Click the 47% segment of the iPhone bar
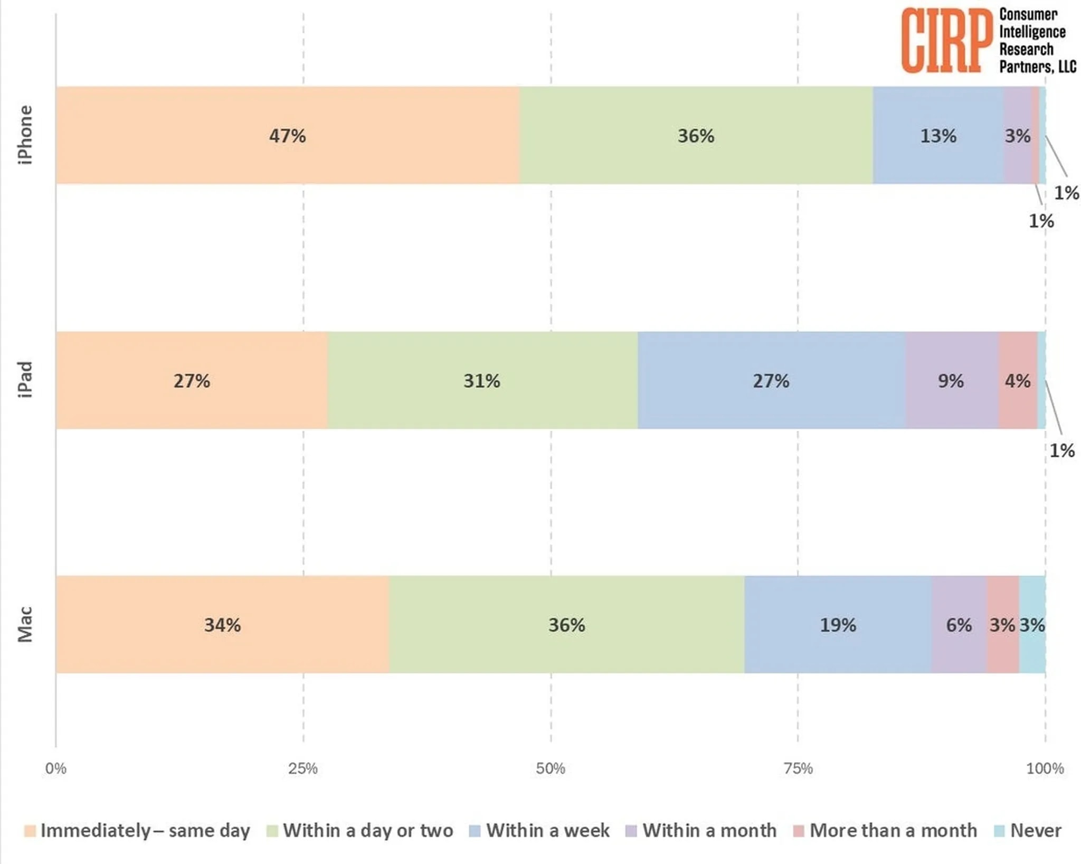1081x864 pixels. [x=287, y=135]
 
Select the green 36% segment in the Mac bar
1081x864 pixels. [x=566, y=624]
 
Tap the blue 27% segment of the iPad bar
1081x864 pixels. [x=771, y=380]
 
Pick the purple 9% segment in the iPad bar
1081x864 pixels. [x=951, y=380]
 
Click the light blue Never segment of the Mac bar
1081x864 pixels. [x=1032, y=624]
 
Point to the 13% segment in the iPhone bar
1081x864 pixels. [x=938, y=135]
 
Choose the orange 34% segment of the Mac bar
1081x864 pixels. [x=222, y=624]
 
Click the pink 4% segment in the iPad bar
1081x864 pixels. [x=1017, y=380]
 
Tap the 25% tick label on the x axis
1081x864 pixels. [x=303, y=768]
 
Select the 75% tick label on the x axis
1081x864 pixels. [x=798, y=768]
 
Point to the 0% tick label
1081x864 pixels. [x=55, y=768]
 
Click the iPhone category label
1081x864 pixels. [x=25, y=135]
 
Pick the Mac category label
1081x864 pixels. [x=25, y=624]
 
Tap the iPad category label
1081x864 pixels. [x=25, y=380]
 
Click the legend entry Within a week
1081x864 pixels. [x=547, y=831]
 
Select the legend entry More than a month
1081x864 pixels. [x=893, y=831]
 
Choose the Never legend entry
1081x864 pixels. [x=1035, y=831]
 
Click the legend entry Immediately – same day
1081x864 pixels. [x=145, y=831]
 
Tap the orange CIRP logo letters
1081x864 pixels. [x=946, y=41]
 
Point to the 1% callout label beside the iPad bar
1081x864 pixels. [x=1062, y=450]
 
